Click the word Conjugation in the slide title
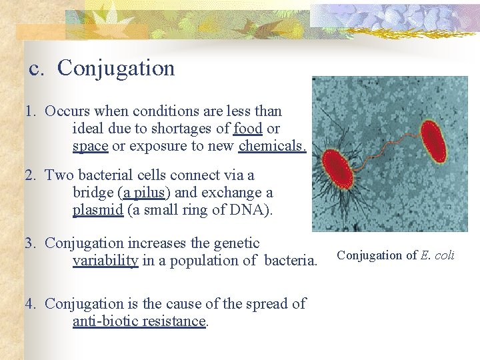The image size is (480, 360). tap(116, 68)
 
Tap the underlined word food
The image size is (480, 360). tap(248, 129)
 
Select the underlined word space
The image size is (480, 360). tap(90, 146)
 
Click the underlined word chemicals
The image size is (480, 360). tap(272, 146)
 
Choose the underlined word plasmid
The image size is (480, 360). tap(98, 210)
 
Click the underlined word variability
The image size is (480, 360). tap(105, 261)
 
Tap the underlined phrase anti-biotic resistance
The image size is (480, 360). tap(140, 321)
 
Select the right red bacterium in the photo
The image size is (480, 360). tap(434, 141)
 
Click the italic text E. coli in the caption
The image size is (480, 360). tap(437, 255)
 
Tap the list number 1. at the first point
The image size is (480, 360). tap(30, 111)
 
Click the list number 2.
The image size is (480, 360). tap(30, 175)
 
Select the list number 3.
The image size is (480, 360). tap(30, 243)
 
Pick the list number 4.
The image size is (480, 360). tap(30, 303)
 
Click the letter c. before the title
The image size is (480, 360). tap(37, 69)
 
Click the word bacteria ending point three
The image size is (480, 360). tap(289, 261)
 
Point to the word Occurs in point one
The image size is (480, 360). tap(67, 111)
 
